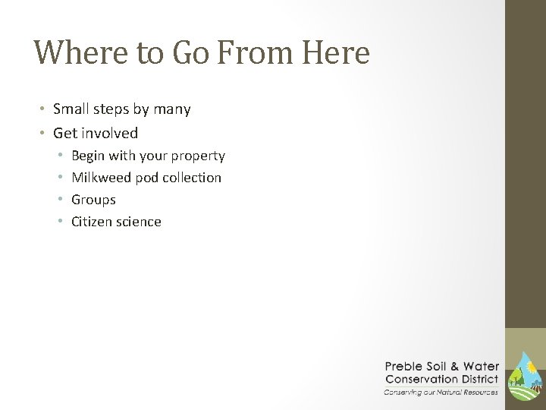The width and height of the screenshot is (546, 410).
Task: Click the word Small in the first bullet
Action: click(71, 109)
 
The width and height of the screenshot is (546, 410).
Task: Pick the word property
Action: click(198, 156)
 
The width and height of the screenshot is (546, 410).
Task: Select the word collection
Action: click(192, 178)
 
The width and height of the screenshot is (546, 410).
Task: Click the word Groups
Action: click(93, 200)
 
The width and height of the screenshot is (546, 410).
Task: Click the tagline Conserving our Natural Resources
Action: click(441, 391)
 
